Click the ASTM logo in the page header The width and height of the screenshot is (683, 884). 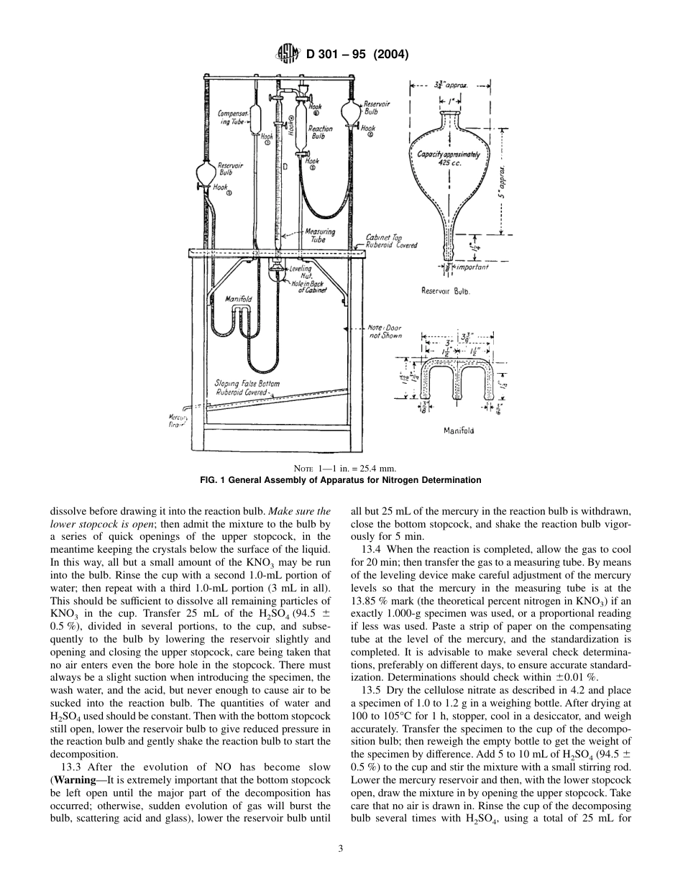click(288, 53)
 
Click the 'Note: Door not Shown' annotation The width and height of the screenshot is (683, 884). click(385, 331)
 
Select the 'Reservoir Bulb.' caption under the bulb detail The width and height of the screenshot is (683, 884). click(446, 291)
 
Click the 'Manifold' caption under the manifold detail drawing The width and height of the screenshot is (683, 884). click(459, 431)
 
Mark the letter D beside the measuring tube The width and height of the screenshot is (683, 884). click(285, 167)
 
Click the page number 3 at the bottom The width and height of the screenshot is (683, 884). click(341, 848)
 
